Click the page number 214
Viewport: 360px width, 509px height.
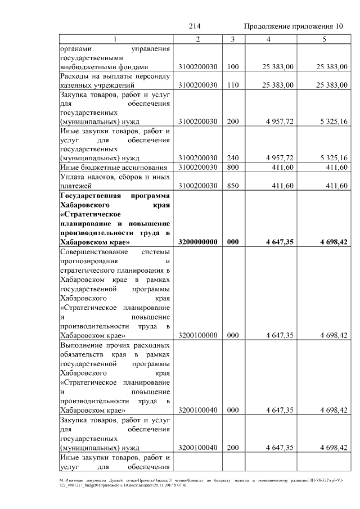tap(195, 26)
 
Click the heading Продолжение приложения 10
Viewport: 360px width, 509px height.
tap(294, 26)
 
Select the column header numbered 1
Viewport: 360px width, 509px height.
tap(116, 39)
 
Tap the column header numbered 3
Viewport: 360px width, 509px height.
tap(232, 39)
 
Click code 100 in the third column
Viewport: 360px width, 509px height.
tap(233, 67)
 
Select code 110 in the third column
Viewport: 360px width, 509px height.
tap(233, 85)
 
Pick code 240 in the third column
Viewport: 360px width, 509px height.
tap(233, 157)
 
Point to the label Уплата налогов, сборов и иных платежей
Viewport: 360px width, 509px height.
tap(115, 181)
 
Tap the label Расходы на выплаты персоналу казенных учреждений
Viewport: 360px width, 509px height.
tap(115, 81)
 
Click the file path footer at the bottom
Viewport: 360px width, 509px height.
tap(180, 483)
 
